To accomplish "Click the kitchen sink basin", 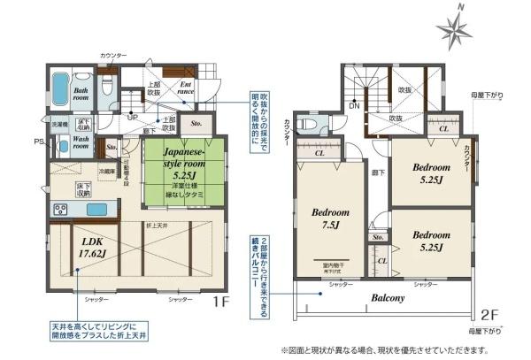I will (94, 210).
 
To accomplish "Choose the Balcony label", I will (388, 298).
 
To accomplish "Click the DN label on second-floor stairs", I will (354, 105).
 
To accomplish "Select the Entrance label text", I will (185, 87).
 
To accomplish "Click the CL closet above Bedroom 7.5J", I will (319, 153).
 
